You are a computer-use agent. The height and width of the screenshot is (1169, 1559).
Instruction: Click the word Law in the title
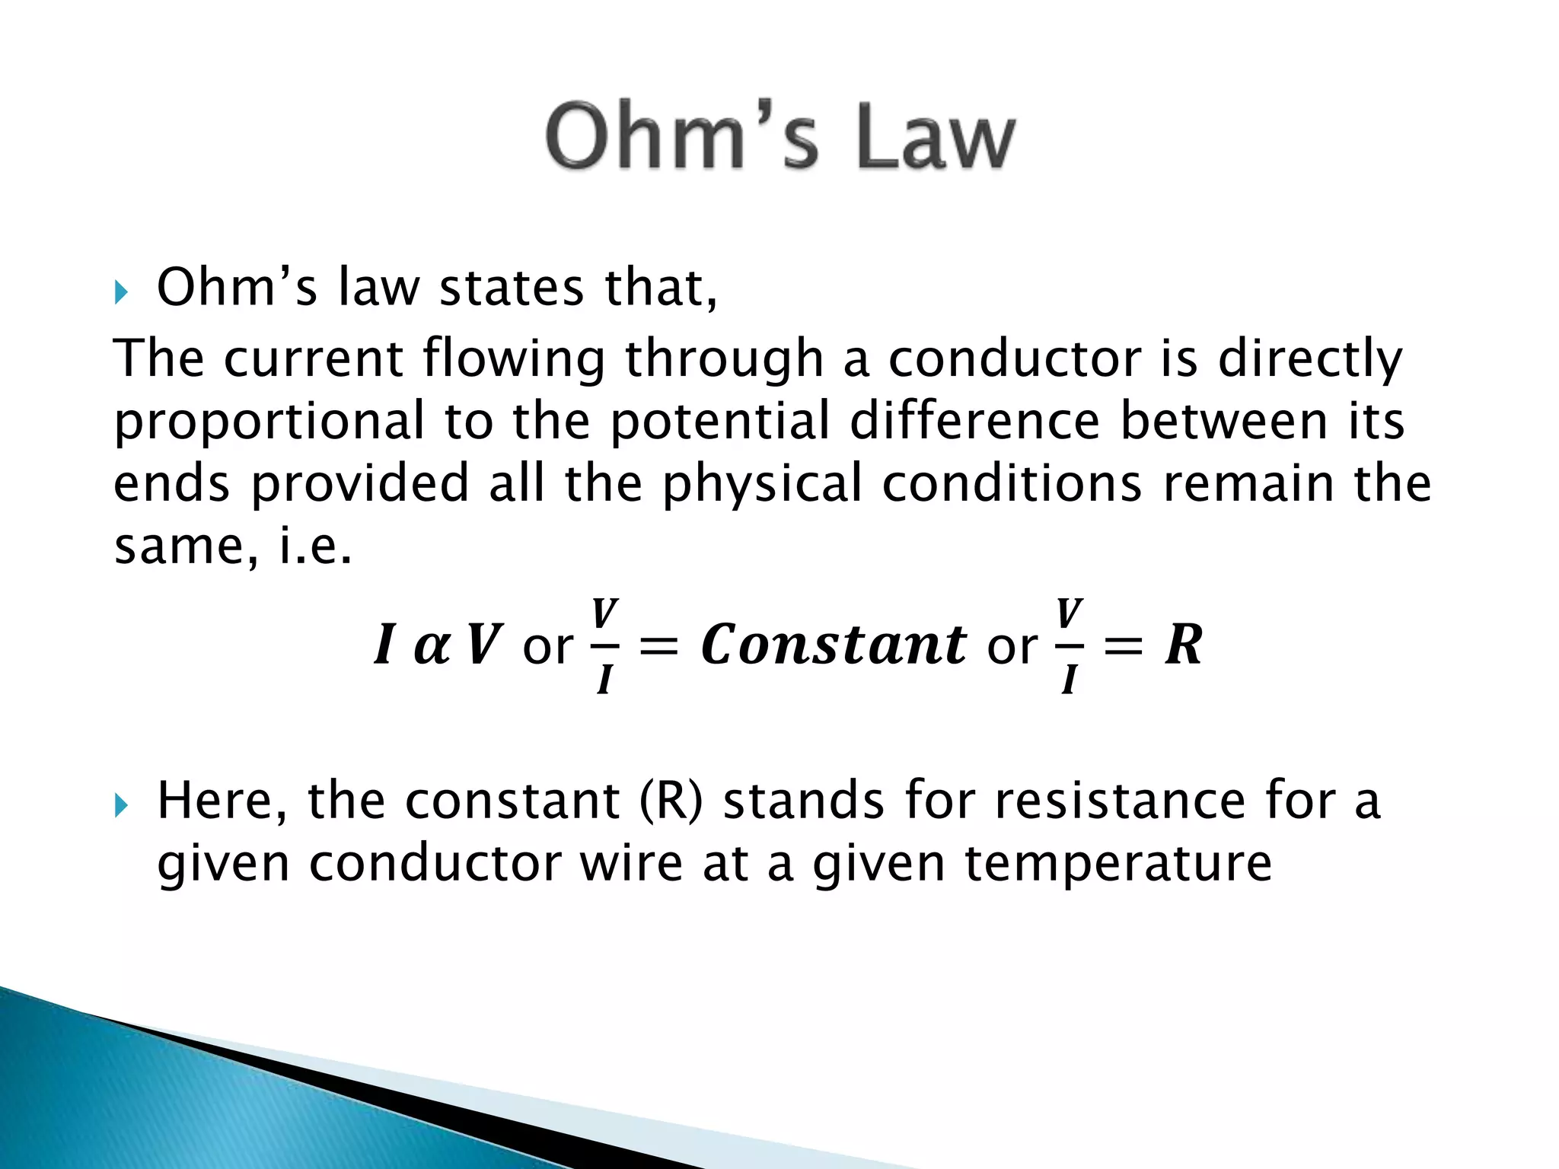pyautogui.click(x=936, y=137)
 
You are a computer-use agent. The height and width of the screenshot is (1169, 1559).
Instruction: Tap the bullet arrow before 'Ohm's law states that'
pyautogui.click(x=121, y=291)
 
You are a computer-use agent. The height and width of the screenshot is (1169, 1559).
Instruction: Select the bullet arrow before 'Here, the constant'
pyautogui.click(x=121, y=804)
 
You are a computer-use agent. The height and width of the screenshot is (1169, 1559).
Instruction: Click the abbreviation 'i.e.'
pyautogui.click(x=315, y=546)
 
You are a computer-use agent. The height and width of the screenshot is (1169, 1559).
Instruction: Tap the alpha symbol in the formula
pyautogui.click(x=432, y=645)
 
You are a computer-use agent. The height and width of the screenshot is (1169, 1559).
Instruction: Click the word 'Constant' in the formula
pyautogui.click(x=834, y=644)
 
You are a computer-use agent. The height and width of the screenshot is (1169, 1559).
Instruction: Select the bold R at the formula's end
pyautogui.click(x=1184, y=645)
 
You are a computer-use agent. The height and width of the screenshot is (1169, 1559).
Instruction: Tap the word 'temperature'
pyautogui.click(x=1118, y=865)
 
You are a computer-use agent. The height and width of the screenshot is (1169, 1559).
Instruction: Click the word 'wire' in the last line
pyautogui.click(x=631, y=863)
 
